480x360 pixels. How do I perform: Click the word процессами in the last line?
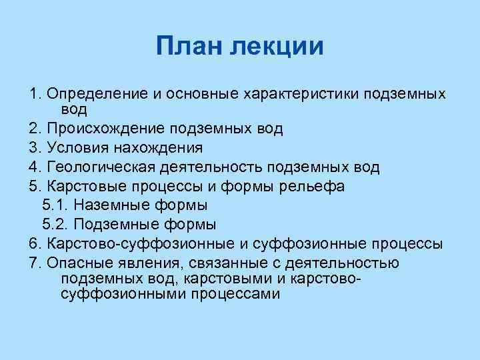click(x=234, y=293)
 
